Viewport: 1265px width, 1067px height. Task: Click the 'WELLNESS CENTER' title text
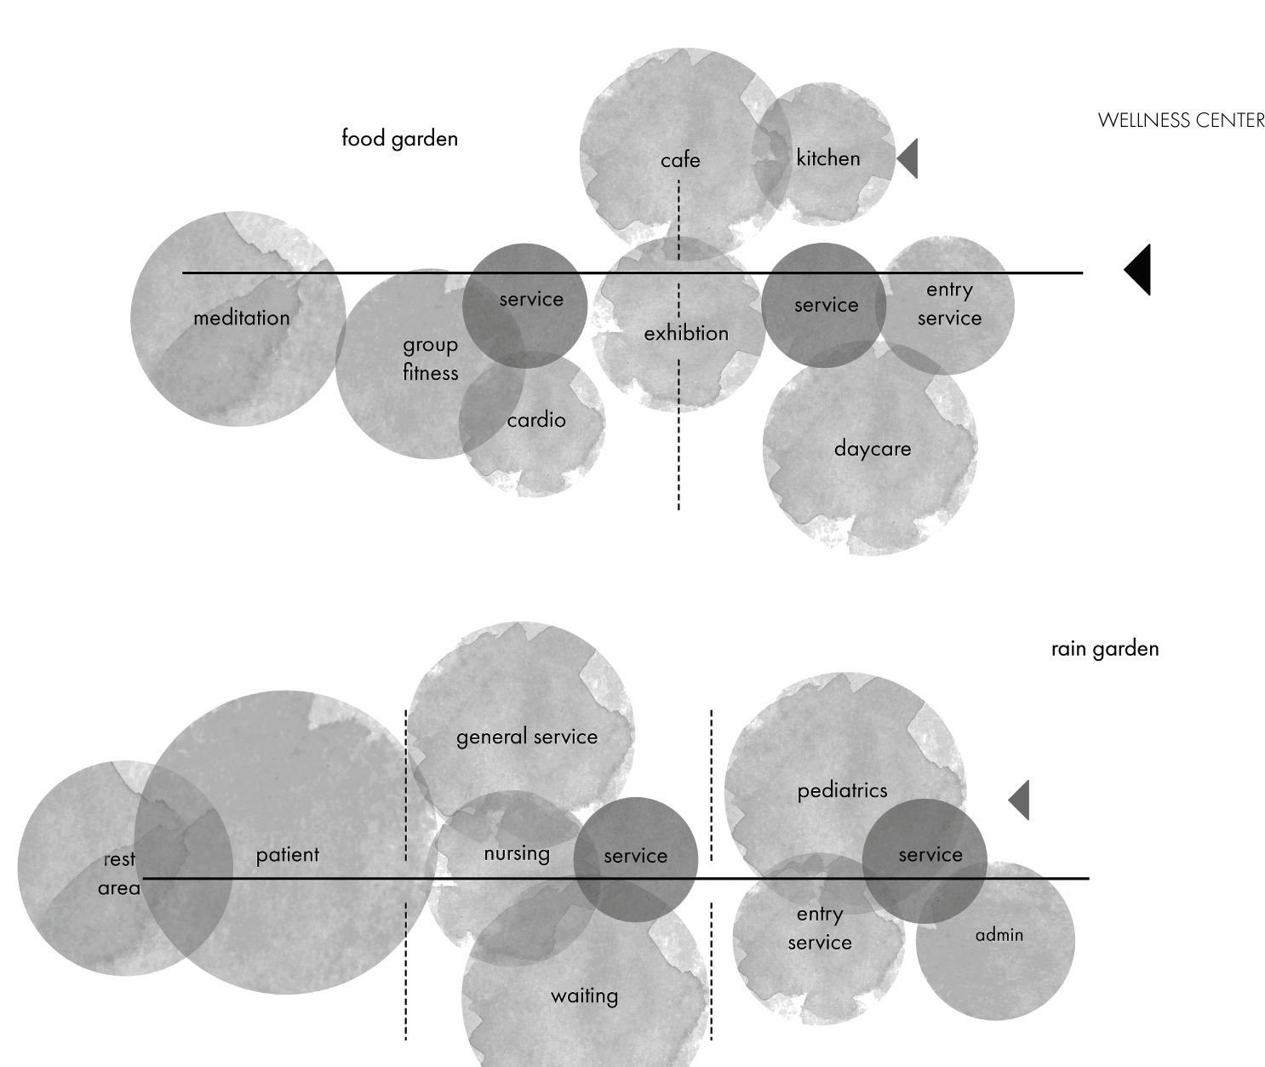pos(1181,120)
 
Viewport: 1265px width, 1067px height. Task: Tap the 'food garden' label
pos(399,138)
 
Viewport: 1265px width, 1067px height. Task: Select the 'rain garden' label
pos(1104,649)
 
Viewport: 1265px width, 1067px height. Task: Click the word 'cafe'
pos(680,160)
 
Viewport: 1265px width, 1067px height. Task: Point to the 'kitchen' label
pos(827,158)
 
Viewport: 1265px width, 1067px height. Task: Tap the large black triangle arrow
pos(1140,270)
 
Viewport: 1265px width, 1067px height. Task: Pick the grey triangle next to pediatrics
pos(1021,800)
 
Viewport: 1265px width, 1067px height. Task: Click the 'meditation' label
pos(242,318)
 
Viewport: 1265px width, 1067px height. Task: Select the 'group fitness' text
pos(431,359)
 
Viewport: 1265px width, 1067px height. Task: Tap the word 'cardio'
pos(535,420)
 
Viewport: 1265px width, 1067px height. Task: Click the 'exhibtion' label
pos(686,333)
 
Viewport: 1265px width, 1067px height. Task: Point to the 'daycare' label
pos(872,449)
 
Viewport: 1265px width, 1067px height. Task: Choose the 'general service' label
pos(527,737)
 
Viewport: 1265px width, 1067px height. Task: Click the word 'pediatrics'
pos(842,791)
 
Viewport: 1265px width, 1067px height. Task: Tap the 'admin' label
pos(999,935)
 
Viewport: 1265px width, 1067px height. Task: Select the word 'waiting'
pos(584,995)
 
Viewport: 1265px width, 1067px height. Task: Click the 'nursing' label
pos(517,853)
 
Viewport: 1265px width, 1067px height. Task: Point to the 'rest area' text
pos(119,874)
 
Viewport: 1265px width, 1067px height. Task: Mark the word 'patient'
pos(288,854)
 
